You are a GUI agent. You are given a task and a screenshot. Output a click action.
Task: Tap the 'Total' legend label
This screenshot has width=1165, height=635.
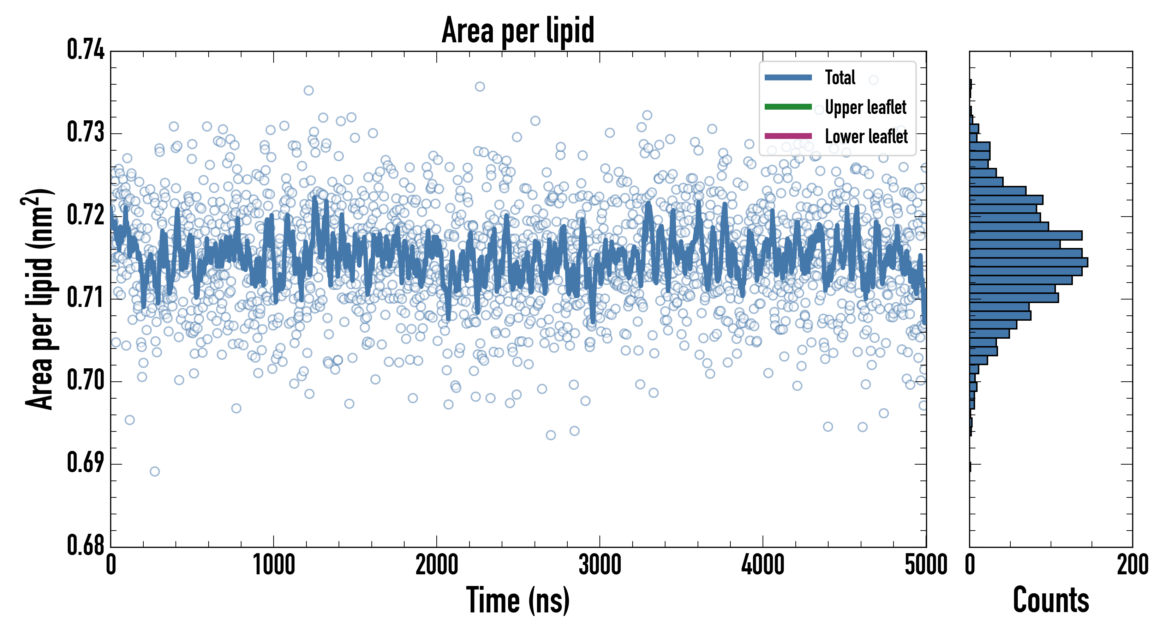pyautogui.click(x=840, y=77)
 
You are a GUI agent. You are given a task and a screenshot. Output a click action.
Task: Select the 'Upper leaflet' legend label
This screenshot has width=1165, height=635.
pyautogui.click(x=866, y=107)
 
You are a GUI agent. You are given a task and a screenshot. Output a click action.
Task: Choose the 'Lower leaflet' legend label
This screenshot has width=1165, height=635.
pyautogui.click(x=866, y=136)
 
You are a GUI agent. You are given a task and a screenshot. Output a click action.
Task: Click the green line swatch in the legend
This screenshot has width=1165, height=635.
pyautogui.click(x=788, y=107)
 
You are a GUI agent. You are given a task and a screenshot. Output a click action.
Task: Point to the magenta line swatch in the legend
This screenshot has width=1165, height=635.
pyautogui.click(x=788, y=135)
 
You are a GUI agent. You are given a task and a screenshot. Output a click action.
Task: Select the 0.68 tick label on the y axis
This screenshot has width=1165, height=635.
pyautogui.click(x=85, y=545)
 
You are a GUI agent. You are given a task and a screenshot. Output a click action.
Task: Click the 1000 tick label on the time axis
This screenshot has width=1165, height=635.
pyautogui.click(x=274, y=565)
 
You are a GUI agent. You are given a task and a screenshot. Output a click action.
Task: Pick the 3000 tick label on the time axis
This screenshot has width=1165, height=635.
pyautogui.click(x=600, y=565)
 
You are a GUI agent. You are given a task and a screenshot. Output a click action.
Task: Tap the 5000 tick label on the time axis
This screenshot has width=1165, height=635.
pyautogui.click(x=926, y=565)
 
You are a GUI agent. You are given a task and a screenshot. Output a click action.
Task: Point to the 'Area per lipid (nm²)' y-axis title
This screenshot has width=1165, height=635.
pyautogui.click(x=38, y=299)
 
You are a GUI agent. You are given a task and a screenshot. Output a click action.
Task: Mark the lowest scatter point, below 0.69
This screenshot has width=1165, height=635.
pyautogui.click(x=155, y=471)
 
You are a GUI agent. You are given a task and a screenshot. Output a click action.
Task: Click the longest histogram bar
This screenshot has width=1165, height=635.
pyautogui.click(x=1028, y=262)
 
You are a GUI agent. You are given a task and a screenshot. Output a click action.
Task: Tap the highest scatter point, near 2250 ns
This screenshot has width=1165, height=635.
pyautogui.click(x=480, y=86)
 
